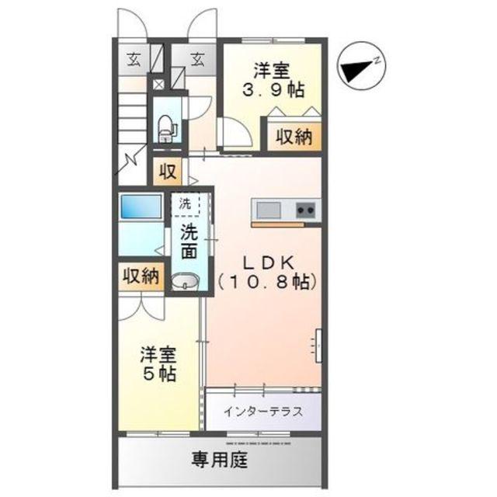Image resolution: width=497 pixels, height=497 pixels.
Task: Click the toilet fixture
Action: click(166, 128)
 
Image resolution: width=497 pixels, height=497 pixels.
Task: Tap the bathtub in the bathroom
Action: click(141, 206)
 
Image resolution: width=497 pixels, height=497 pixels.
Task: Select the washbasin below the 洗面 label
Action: click(186, 281)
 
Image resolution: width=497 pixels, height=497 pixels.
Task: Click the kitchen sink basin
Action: click(269, 210)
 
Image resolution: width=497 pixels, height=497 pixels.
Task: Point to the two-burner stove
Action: click(305, 210)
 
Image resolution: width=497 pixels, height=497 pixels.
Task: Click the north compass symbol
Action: click(361, 67)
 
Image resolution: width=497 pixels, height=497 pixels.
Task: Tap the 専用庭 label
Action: click(219, 460)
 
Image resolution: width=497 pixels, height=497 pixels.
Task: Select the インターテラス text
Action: click(263, 412)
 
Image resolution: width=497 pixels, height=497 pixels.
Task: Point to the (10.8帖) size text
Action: click(267, 281)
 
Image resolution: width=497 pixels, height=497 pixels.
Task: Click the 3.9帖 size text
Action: click(273, 90)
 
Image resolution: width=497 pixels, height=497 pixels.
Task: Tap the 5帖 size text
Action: click(159, 374)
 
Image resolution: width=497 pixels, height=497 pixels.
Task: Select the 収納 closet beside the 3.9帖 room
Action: click(294, 137)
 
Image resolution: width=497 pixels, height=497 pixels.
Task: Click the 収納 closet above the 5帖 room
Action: click(141, 276)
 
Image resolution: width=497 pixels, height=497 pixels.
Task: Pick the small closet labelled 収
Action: click(168, 171)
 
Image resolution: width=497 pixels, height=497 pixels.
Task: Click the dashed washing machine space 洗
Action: click(186, 204)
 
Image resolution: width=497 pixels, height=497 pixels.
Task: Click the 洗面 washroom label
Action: click(189, 242)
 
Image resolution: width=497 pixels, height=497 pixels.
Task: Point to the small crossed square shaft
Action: click(158, 85)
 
